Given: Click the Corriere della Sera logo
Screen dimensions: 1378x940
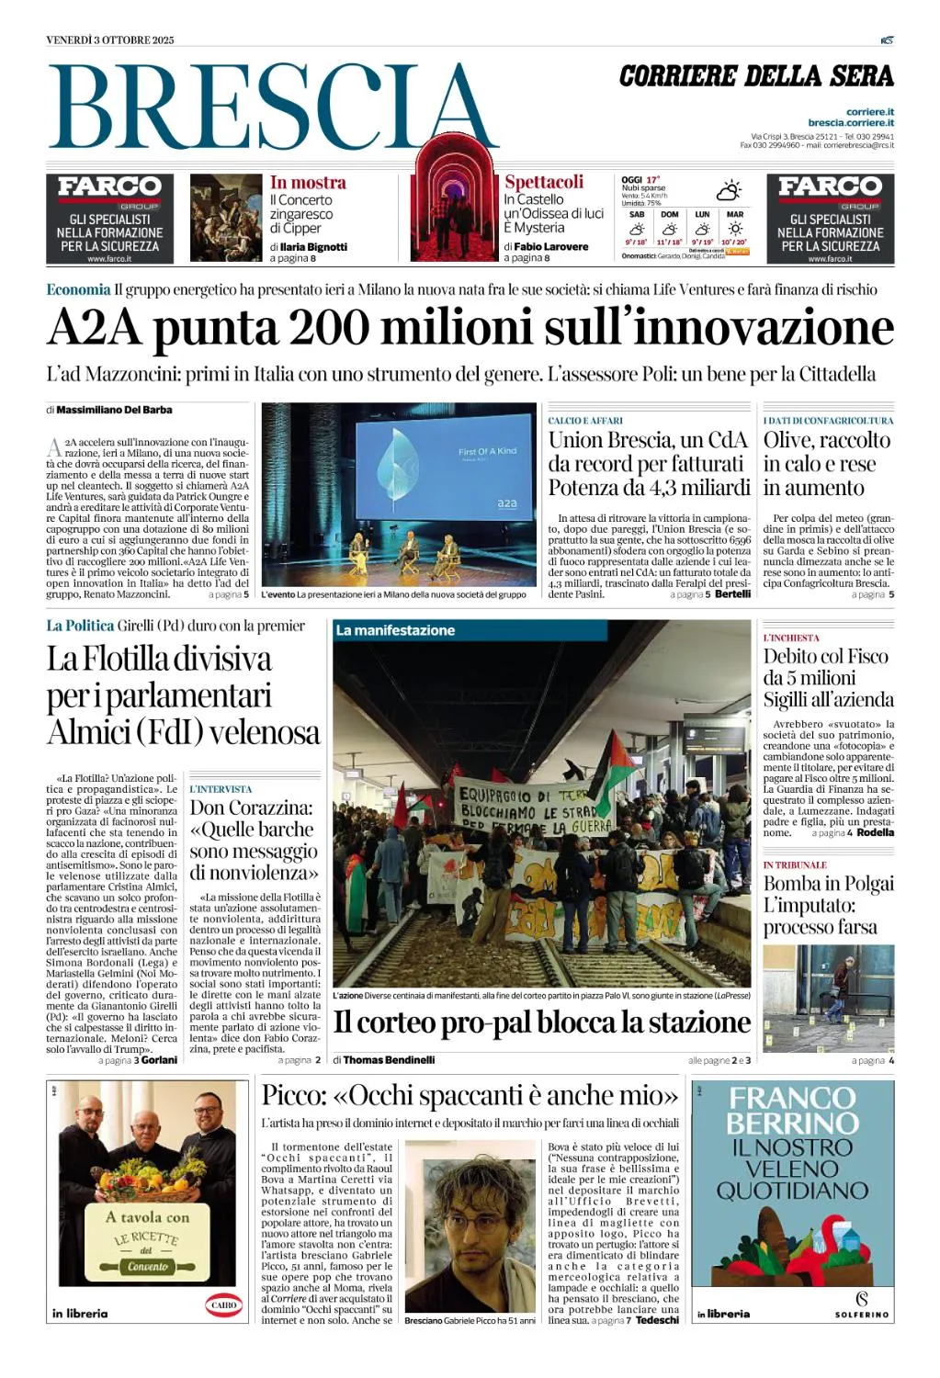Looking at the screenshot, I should [755, 76].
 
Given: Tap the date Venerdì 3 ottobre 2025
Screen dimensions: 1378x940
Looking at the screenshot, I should [109, 40].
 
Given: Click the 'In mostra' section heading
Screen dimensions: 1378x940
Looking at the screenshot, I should [308, 183].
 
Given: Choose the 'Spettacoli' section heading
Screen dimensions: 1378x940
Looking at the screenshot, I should [544, 182].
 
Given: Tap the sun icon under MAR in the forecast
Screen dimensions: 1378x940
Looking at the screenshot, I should [735, 229].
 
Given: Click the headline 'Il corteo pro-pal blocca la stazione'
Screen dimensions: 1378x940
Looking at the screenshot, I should [541, 1022].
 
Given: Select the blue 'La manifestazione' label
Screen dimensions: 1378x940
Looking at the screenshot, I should [395, 630].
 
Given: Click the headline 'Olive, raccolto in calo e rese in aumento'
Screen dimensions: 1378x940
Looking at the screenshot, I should [826, 464].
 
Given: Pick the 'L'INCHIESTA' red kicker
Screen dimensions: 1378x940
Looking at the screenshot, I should [791, 638].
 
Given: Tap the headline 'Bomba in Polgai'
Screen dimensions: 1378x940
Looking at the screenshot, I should [828, 884].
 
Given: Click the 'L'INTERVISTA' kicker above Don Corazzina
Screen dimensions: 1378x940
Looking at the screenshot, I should [221, 789].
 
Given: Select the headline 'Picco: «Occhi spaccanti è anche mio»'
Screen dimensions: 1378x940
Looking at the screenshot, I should [470, 1095].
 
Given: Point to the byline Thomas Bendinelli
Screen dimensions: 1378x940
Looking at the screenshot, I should [389, 1060].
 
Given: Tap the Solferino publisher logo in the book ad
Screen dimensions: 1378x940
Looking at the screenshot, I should [861, 1304].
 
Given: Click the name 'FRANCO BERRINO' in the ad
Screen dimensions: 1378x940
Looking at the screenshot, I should [792, 1110].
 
